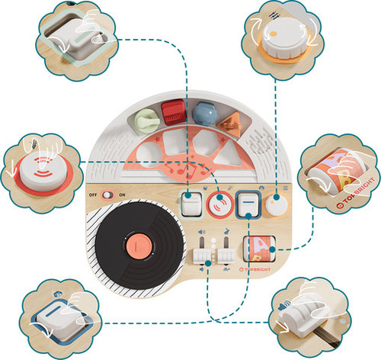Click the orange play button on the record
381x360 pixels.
click(139, 246)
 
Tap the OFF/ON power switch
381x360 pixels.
click(107, 194)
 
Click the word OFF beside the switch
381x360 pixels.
click(93, 195)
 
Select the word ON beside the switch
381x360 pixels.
click(122, 195)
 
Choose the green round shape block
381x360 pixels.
click(146, 121)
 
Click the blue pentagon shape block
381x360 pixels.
click(205, 114)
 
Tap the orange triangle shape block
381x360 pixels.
click(229, 124)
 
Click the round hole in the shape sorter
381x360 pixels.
click(149, 155)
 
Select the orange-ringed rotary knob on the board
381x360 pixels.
click(277, 205)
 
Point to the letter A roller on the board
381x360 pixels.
click(259, 249)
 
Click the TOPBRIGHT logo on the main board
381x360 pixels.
click(255, 269)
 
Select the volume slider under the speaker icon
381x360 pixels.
click(202, 255)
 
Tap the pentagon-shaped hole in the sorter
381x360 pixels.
click(206, 143)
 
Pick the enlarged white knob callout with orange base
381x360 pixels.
click(283, 40)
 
